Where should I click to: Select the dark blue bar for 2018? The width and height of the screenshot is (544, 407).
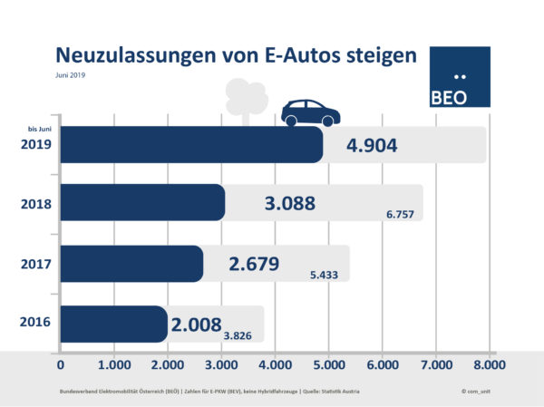[x=142, y=203]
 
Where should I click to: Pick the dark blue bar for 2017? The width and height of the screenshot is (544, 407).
[x=131, y=264]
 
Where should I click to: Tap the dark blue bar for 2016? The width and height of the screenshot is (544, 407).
[x=114, y=324]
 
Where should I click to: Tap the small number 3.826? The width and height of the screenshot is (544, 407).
[x=240, y=335]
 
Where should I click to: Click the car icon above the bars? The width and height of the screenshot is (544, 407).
[x=311, y=113]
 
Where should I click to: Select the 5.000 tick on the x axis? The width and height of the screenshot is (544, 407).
[x=328, y=365]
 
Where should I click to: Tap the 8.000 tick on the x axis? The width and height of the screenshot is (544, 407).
[x=489, y=365]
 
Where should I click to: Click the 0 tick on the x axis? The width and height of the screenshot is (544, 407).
[x=61, y=365]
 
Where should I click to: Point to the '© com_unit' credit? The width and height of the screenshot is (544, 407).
[x=476, y=391]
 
